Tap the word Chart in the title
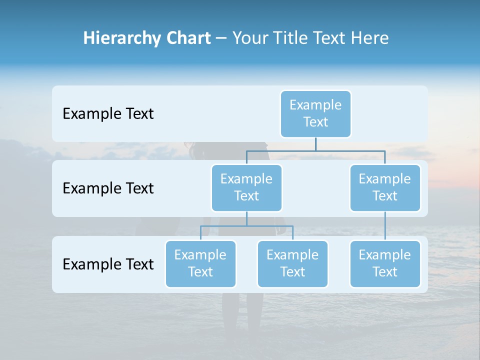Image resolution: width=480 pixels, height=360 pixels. tap(186, 38)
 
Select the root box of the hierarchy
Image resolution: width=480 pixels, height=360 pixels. tap(315, 113)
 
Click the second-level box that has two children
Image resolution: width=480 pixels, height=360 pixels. tap(246, 187)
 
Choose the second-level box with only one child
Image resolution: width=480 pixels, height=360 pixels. tap(385, 187)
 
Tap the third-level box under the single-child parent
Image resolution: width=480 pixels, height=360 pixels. tap(385, 263)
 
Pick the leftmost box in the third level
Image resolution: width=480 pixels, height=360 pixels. tap(200, 263)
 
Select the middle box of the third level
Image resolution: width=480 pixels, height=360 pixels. tap(292, 263)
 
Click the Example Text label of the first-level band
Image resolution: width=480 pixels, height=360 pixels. tap(108, 114)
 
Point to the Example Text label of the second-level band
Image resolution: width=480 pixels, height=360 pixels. tap(108, 188)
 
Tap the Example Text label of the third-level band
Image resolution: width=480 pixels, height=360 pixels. tap(108, 264)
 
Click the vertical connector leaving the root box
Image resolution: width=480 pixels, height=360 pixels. tap(315, 143)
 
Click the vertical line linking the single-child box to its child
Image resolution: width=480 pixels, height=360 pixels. tap(385, 226)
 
